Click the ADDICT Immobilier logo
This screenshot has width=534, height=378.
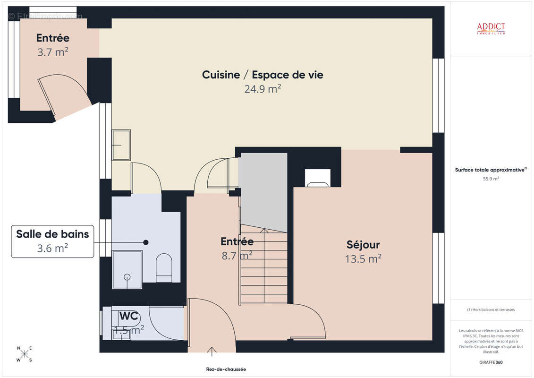[x=491, y=28]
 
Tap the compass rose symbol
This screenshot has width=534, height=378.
[x=25, y=354]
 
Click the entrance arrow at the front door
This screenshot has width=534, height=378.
[x=212, y=351]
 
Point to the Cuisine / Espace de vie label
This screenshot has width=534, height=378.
[x=263, y=75]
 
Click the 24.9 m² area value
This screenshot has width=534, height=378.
[x=263, y=89]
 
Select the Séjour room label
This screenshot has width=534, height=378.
[x=363, y=245]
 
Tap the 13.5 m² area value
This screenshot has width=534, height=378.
[x=363, y=258]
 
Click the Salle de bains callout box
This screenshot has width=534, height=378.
[x=52, y=241]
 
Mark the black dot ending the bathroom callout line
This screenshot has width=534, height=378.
[x=146, y=242]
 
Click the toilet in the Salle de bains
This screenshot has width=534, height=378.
[x=164, y=267]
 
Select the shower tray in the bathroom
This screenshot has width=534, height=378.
[x=127, y=270]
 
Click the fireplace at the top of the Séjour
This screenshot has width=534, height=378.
[x=317, y=178]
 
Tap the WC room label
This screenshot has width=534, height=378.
[x=128, y=315]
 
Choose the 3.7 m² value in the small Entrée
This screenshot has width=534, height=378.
[x=52, y=52]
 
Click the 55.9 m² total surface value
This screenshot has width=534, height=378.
[x=491, y=179]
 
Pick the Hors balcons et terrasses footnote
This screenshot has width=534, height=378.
[x=491, y=310]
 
